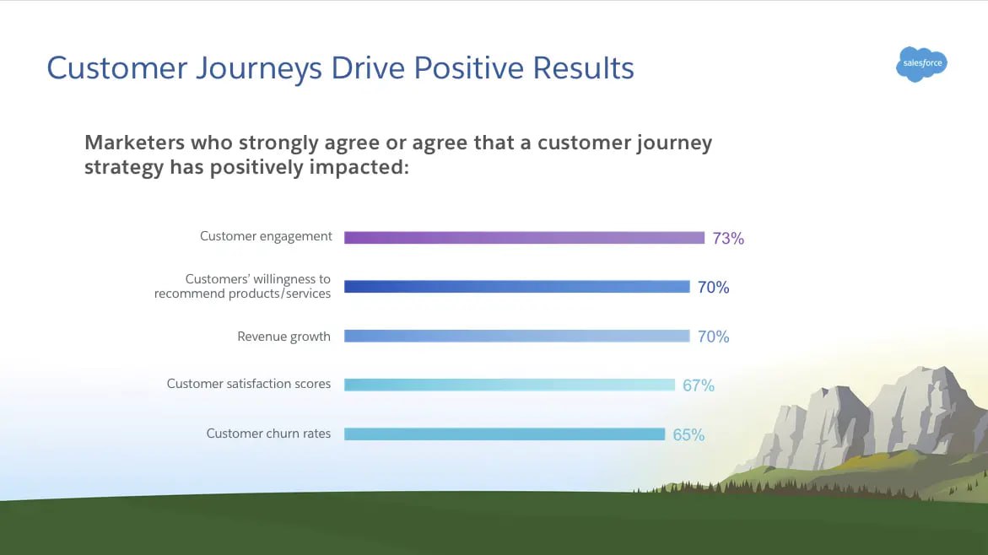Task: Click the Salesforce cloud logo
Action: tap(921, 64)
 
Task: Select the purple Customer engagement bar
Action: tap(524, 238)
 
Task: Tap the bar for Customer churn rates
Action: tap(505, 434)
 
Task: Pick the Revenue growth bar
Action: tap(516, 336)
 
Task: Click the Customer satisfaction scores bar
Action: tap(510, 385)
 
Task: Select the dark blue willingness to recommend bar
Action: tap(516, 287)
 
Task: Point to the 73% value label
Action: tap(728, 239)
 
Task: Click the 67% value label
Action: tap(699, 385)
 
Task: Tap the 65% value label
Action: tap(688, 435)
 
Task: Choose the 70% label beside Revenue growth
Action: tap(713, 337)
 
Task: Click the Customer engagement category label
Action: tap(266, 236)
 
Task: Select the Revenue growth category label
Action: tap(283, 336)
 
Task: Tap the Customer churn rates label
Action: tap(268, 434)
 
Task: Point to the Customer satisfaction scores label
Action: tap(249, 384)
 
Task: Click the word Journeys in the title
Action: tap(246, 68)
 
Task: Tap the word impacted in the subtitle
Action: tap(360, 167)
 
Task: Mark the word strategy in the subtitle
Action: tap(123, 167)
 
